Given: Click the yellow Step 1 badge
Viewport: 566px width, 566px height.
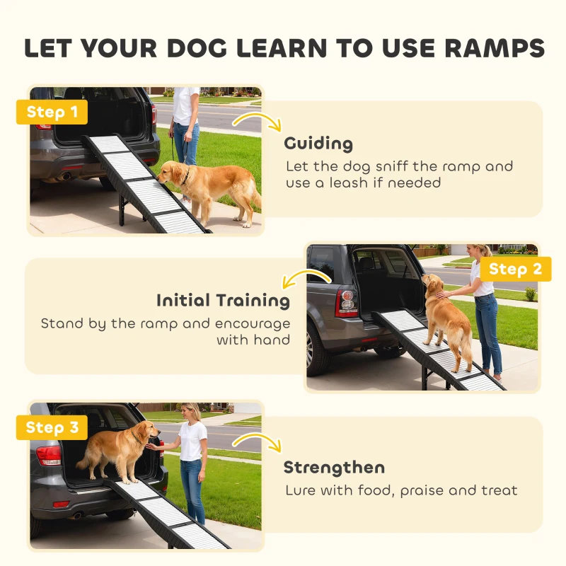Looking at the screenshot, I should (x=52, y=112).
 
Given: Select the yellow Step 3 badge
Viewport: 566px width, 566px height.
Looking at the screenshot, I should (x=52, y=427).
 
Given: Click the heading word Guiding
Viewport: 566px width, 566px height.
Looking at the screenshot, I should (x=318, y=144).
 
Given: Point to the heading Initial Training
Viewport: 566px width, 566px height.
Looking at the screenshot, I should (x=223, y=301).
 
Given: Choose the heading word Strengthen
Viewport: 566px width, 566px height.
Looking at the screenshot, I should (x=334, y=468).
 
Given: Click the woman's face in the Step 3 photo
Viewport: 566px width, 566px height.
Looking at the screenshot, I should (x=190, y=412).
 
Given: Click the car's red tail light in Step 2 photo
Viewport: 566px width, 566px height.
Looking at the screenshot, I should (x=347, y=302).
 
